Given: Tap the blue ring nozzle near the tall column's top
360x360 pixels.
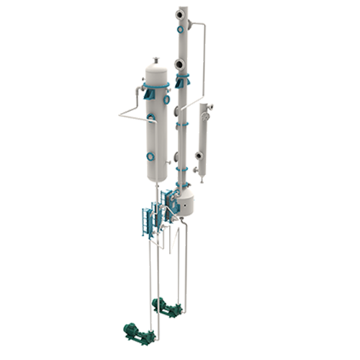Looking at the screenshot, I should coord(181,29).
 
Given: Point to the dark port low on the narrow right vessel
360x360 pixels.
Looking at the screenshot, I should coord(198,155).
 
